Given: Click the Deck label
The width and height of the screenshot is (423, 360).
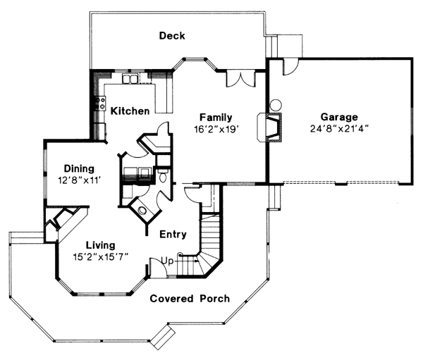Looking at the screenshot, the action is [x=172, y=36].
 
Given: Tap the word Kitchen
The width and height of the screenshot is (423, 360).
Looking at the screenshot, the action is [x=130, y=111].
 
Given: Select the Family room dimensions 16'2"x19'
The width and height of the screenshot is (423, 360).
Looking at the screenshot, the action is [x=217, y=130].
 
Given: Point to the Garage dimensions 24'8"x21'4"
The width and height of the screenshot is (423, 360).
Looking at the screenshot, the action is [x=339, y=129].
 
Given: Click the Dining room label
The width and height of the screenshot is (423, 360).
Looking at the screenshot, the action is [x=79, y=169].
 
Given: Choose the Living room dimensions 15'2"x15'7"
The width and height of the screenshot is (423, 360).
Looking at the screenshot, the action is [x=100, y=257].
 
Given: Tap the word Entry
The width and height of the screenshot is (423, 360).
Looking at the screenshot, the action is [x=173, y=234].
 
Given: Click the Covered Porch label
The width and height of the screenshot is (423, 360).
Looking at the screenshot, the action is [x=190, y=299].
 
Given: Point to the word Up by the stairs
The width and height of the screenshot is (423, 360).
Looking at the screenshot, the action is [x=167, y=261].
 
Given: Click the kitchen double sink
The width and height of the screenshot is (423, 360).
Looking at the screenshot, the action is [x=130, y=78].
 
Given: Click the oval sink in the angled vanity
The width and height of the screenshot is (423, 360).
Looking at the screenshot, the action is [x=142, y=211].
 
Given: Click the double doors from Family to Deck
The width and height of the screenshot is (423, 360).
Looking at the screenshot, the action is [x=240, y=78].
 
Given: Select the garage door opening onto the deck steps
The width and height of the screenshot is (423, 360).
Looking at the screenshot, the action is [x=290, y=67].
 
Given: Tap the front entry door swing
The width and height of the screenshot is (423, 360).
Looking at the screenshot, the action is [x=158, y=268].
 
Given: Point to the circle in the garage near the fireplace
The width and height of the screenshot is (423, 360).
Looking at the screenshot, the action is [x=276, y=105].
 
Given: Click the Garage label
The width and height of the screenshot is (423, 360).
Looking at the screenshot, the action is [x=339, y=117].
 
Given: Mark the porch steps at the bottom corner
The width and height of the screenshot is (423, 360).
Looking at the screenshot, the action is [x=163, y=336].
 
